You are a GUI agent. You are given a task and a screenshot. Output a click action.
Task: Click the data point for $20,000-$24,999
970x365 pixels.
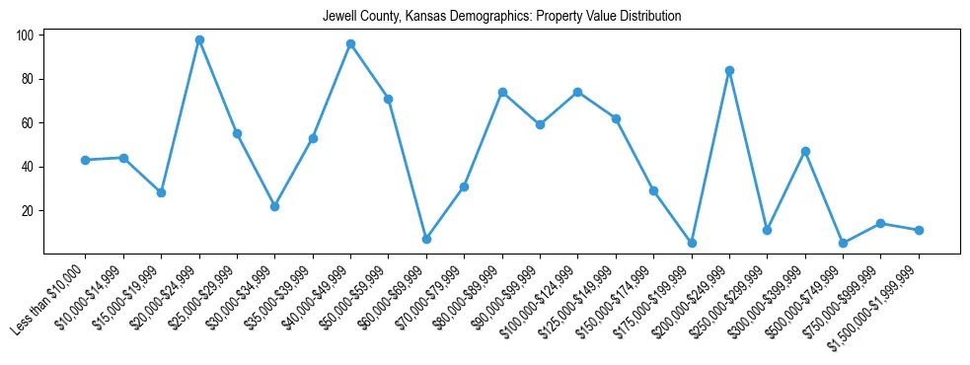click(x=199, y=40)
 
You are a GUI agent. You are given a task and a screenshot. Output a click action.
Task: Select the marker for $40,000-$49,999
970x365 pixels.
click(x=350, y=44)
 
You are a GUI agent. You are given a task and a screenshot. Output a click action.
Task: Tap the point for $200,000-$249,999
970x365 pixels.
click(x=729, y=71)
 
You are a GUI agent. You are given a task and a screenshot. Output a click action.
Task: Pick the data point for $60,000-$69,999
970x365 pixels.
click(x=426, y=239)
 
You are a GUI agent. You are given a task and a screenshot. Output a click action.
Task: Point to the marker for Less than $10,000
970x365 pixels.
click(x=86, y=160)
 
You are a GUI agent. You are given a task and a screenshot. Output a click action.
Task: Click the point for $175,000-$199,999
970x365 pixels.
click(x=692, y=243)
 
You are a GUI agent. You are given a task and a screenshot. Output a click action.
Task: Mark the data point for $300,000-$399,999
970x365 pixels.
click(x=805, y=152)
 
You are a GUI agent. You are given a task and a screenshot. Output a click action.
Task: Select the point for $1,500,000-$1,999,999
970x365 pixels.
click(x=919, y=230)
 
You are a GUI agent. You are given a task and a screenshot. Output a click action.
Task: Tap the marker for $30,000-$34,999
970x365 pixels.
click(x=275, y=206)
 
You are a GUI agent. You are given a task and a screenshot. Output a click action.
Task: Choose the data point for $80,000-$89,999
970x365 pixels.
click(x=502, y=93)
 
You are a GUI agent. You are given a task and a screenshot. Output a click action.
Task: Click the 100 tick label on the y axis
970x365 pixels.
click(x=26, y=36)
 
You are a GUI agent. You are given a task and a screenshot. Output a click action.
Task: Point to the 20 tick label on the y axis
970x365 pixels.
click(x=29, y=211)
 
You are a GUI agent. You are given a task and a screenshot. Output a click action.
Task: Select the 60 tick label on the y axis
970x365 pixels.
click(x=29, y=123)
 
